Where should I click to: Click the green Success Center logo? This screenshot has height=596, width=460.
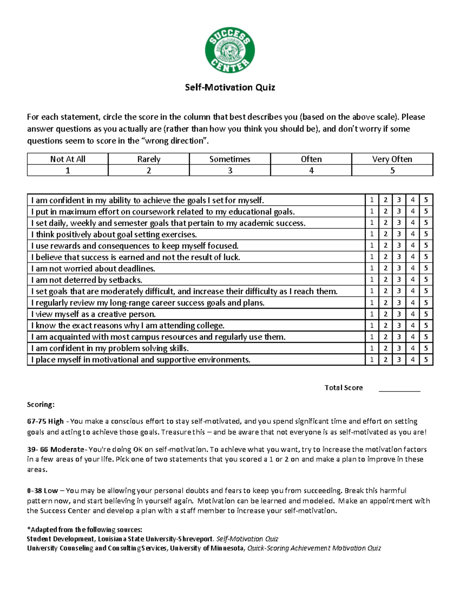click(x=230, y=50)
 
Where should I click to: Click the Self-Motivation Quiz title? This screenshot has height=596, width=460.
click(x=230, y=88)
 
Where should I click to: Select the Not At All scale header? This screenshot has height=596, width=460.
click(x=67, y=159)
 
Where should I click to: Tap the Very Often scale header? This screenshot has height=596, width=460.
click(x=392, y=159)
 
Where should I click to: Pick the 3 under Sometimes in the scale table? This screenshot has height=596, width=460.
click(x=230, y=170)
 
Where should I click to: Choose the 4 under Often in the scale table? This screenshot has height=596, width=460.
click(x=311, y=170)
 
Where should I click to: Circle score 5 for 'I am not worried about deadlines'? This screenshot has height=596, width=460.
click(x=426, y=268)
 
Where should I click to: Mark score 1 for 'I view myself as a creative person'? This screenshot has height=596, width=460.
click(x=371, y=314)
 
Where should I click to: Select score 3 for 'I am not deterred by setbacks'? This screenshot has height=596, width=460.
click(x=399, y=280)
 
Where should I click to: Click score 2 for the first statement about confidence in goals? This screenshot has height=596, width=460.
click(x=385, y=200)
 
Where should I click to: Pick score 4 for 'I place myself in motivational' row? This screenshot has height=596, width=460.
click(x=412, y=360)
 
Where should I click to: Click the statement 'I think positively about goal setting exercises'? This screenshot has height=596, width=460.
click(x=114, y=234)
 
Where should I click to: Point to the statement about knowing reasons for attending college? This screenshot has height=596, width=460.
click(x=128, y=325)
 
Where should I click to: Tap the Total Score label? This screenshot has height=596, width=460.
click(x=343, y=388)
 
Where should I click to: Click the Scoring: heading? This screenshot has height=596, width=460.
click(x=41, y=404)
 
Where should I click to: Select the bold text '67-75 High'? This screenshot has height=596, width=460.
click(x=45, y=421)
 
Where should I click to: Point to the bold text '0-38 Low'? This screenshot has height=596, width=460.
click(x=42, y=491)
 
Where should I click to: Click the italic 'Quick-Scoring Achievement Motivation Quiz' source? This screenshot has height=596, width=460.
click(x=314, y=548)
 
